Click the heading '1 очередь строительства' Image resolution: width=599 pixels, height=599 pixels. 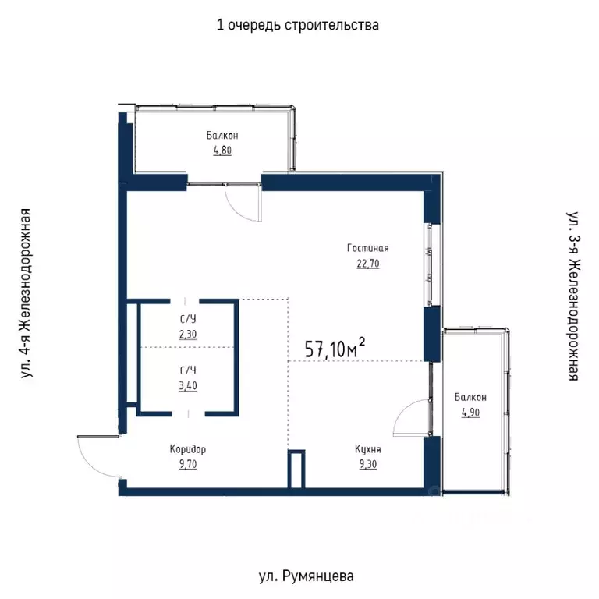[298, 25]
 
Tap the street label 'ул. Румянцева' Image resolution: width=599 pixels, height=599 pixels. [306, 577]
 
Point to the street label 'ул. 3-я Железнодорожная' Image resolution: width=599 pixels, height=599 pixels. [572, 294]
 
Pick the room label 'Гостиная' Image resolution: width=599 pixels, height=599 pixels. [368, 249]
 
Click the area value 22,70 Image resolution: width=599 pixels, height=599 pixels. [368, 263]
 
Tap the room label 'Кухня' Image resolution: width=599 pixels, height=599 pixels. [367, 450]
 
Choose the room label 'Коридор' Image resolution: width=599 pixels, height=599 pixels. [188, 450]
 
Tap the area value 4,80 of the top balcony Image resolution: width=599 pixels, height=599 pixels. [222, 151]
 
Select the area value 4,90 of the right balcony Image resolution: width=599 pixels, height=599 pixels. [470, 413]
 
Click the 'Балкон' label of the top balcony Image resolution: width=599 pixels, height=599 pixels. [222, 136]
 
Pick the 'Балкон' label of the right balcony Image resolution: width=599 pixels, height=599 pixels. [471, 398]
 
